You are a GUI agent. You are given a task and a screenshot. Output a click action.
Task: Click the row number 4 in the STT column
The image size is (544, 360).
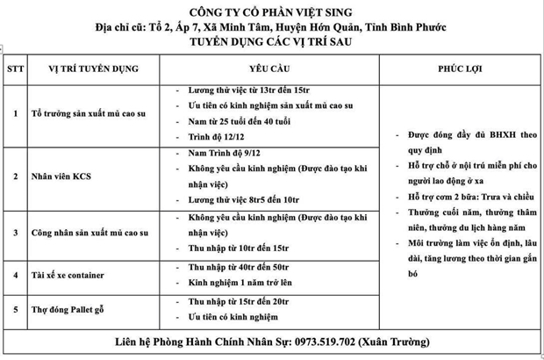click(x=14, y=275)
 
